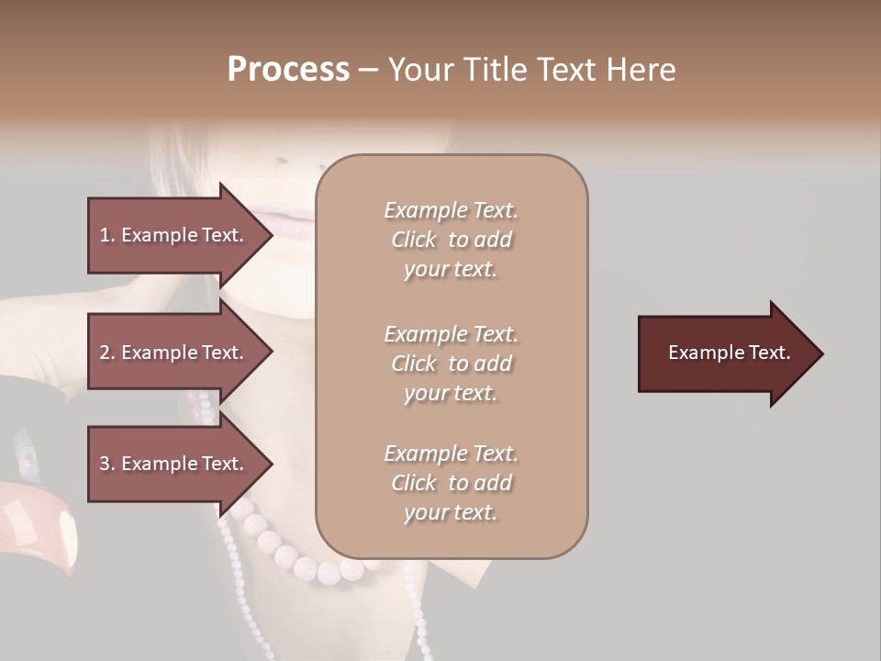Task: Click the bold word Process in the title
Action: click(x=288, y=70)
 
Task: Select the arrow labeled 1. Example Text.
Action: click(x=174, y=235)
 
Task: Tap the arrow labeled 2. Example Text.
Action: click(x=174, y=353)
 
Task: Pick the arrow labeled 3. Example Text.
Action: click(x=174, y=464)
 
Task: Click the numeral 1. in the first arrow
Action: click(x=106, y=235)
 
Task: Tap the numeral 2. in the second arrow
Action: click(x=106, y=353)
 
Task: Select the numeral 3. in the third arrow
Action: click(x=106, y=464)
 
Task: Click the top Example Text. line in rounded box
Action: click(x=451, y=210)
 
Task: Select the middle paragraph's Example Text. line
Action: click(x=451, y=334)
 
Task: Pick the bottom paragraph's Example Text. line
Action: click(x=451, y=454)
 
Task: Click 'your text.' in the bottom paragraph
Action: click(x=451, y=512)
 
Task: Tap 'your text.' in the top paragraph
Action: click(x=451, y=269)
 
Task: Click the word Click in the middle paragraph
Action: click(x=413, y=364)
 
